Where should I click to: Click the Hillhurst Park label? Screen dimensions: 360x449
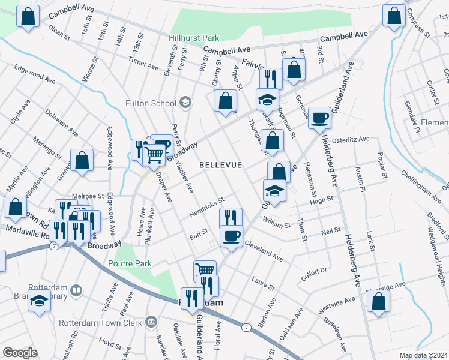tap(194, 37)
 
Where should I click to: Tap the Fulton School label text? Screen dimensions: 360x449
tap(151, 103)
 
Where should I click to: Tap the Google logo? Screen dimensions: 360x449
tap(20, 353)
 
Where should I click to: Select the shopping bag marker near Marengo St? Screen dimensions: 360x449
tap(82, 161)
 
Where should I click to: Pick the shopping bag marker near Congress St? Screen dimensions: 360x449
tap(394, 17)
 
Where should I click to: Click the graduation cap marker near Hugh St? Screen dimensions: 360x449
tap(274, 191)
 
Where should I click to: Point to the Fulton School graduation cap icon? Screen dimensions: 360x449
tap(185, 103)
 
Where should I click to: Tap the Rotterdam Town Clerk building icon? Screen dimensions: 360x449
tap(151, 323)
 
